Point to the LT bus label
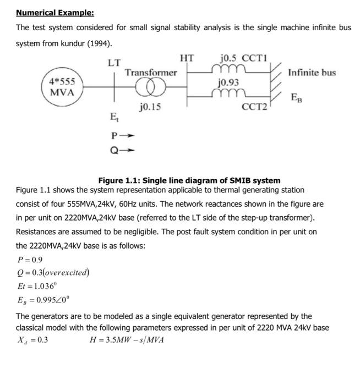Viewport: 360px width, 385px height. pos(114,62)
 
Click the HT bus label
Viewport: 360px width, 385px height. pos(187,57)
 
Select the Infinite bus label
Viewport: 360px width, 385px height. pos(312,73)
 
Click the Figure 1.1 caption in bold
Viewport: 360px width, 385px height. pos(189,180)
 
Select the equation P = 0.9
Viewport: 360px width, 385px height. pos(30,260)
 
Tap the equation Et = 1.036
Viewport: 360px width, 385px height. pos(37,286)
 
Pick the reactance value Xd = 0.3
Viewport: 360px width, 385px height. pos(33,339)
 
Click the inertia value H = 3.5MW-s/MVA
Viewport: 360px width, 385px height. pos(126,339)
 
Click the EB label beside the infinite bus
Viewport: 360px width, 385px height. pos(296,99)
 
